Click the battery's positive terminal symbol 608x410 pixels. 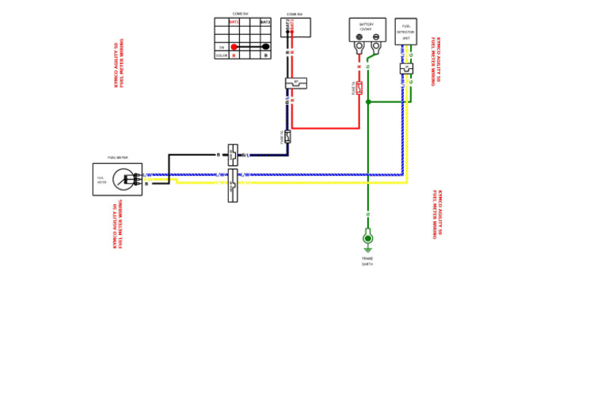tap(359, 37)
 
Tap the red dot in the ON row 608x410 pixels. tap(234, 47)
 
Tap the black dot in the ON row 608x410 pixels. tap(265, 47)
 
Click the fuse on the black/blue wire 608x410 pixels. tap(287, 137)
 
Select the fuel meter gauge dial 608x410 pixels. tap(123, 179)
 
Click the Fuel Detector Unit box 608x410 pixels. tap(405, 32)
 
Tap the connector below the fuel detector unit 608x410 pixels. tap(406, 69)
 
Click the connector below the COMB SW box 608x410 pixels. tap(295, 82)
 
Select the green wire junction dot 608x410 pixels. tap(367, 101)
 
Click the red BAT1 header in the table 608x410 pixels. tap(234, 22)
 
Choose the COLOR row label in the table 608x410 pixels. tap(222, 55)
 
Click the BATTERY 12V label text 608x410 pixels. tap(367, 26)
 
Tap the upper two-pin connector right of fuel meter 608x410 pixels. tap(232, 154)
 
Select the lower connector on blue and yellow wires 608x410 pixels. tap(232, 185)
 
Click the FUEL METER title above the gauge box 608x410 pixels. tap(117, 158)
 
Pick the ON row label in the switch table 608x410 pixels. tap(222, 47)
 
